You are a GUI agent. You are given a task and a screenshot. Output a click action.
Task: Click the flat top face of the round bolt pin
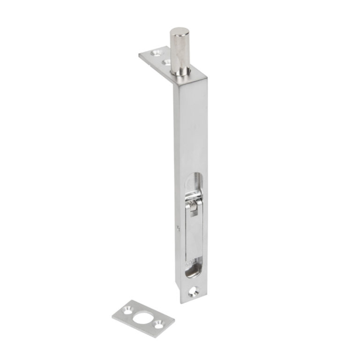coord(180,32)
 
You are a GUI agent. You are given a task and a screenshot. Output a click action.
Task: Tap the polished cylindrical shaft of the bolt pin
coord(179,52)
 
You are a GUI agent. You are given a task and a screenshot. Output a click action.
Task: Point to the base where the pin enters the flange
coord(180,73)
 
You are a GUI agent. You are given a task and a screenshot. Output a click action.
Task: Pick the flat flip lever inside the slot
coord(195,234)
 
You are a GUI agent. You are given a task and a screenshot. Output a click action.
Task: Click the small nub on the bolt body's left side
coord(179,229)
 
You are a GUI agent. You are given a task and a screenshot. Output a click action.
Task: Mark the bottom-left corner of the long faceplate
coord(181,302)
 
